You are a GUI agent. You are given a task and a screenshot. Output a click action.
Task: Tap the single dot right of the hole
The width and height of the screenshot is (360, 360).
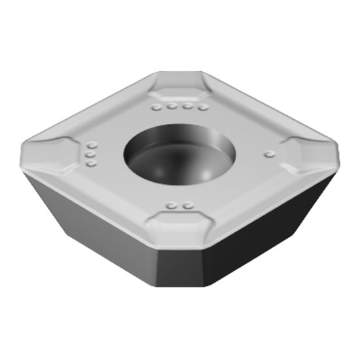click(x=268, y=154)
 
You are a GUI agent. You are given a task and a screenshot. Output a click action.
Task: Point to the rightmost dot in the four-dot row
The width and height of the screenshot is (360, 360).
click(x=204, y=107)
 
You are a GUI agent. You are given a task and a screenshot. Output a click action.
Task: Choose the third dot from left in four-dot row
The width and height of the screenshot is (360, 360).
click(x=189, y=106)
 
